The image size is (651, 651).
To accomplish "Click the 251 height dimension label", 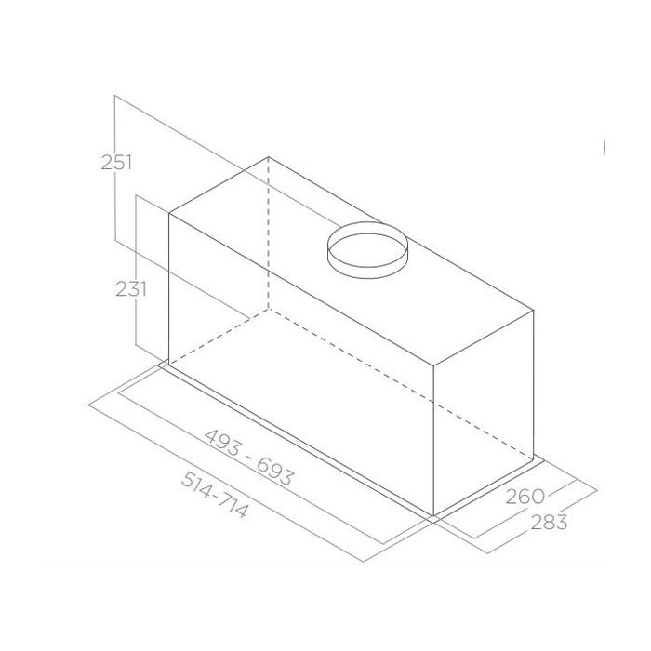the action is [x=116, y=162].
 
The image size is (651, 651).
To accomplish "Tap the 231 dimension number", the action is [x=131, y=288].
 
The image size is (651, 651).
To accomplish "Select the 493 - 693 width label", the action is [x=248, y=458].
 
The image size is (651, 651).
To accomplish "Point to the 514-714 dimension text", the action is [x=215, y=495].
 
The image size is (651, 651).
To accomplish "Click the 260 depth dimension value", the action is [x=525, y=496].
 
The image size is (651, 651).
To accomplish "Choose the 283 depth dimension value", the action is [x=549, y=522].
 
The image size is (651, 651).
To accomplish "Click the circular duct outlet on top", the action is [x=367, y=250].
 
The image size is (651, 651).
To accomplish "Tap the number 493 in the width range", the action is [x=222, y=442].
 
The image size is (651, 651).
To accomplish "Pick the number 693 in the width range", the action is [x=275, y=472].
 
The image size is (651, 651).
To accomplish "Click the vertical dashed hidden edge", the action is [x=269, y=232].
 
